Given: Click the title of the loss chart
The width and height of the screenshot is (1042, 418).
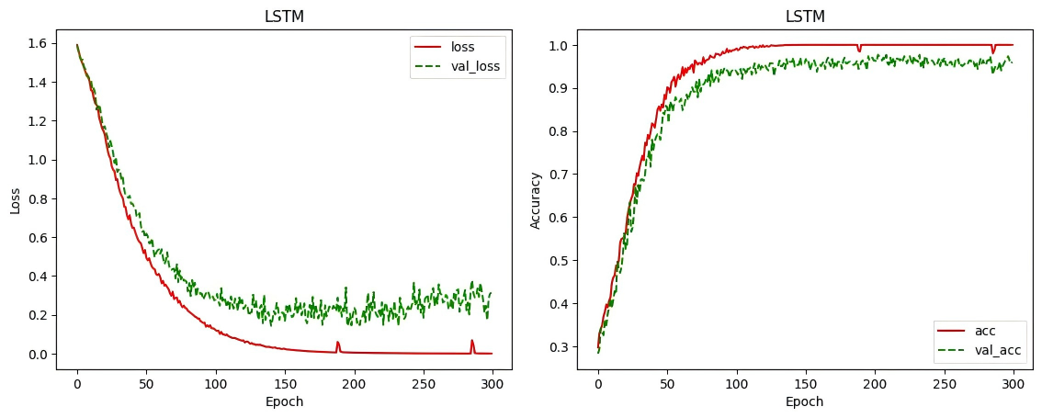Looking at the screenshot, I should coord(285,17).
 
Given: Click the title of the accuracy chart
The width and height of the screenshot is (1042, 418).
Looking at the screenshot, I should coord(805,17).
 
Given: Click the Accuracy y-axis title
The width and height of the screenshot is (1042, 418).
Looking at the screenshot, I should coord(538,200).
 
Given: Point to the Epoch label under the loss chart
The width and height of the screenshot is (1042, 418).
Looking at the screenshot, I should coord(285,401).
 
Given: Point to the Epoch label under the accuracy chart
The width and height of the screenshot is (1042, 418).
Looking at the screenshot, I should coord(805,401).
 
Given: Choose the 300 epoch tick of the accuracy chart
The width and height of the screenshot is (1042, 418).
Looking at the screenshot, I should coord(1013,382).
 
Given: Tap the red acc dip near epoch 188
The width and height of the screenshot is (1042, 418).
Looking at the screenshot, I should coord(859,51).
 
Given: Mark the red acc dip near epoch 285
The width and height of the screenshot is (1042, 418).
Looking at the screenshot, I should coord(992,51).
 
